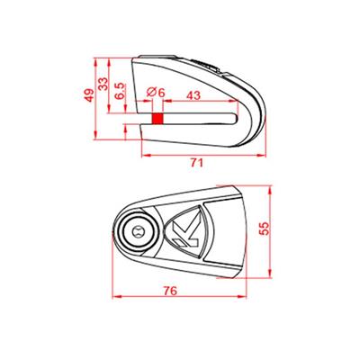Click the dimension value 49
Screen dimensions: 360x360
click(87, 94)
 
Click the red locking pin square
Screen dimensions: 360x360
click(157, 118)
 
